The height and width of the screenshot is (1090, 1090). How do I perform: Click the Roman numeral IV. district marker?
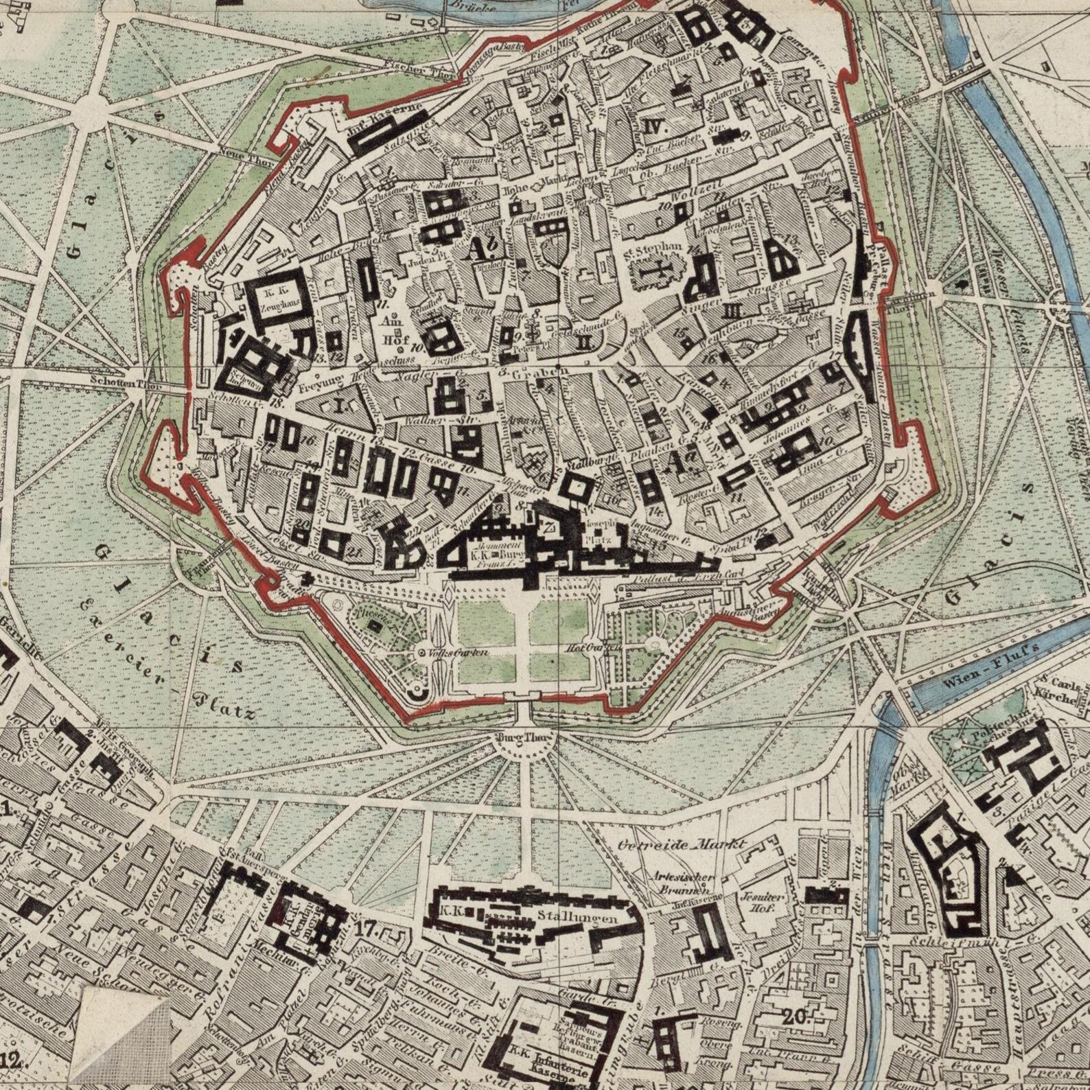tap(656, 126)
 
